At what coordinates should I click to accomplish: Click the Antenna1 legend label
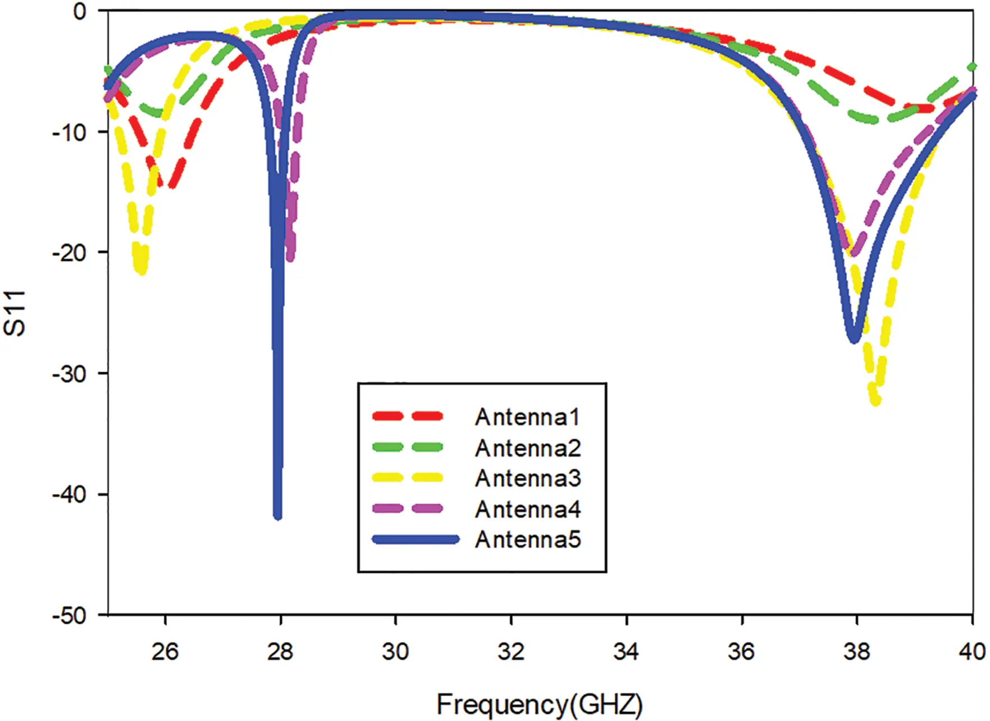[527, 417]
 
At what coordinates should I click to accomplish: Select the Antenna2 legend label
[527, 448]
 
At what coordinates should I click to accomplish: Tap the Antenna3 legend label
[527, 478]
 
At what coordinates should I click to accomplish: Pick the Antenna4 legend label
[527, 509]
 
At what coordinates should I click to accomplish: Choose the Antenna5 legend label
[527, 540]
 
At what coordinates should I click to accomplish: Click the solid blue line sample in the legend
[416, 540]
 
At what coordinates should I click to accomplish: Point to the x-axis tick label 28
[280, 651]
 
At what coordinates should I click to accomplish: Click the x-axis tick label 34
[626, 651]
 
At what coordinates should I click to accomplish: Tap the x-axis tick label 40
[972, 651]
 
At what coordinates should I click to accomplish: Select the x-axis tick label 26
[165, 651]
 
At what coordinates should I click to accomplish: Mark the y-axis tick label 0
[80, 11]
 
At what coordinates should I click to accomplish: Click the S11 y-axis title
[15, 314]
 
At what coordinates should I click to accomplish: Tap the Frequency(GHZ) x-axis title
[539, 704]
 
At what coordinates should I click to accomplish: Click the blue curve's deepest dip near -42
[277, 515]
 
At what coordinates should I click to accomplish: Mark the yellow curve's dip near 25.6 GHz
[142, 271]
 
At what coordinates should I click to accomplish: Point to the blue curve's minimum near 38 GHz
[854, 339]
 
